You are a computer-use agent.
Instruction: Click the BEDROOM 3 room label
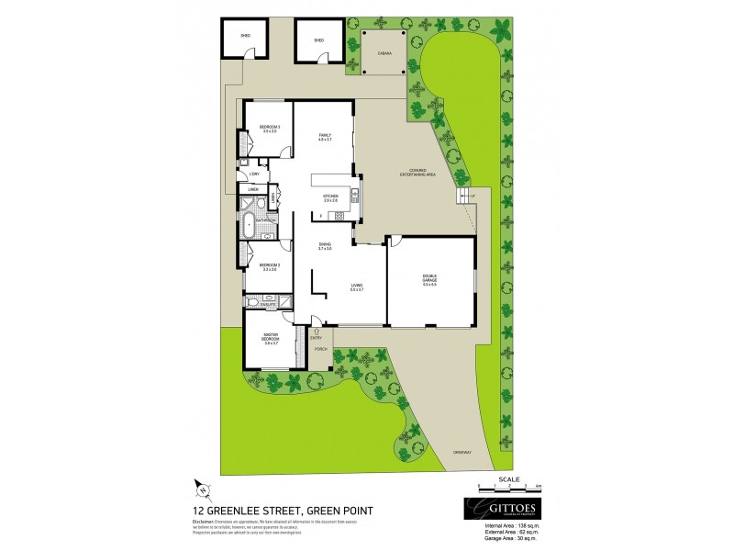coord(269,127)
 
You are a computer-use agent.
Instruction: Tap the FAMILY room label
coord(324,136)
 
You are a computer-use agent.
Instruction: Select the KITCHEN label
coord(329,196)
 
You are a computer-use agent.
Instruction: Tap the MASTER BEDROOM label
coord(271,337)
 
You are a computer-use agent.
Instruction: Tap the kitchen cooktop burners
coord(338,215)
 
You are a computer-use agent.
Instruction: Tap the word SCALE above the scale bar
coord(507,478)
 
